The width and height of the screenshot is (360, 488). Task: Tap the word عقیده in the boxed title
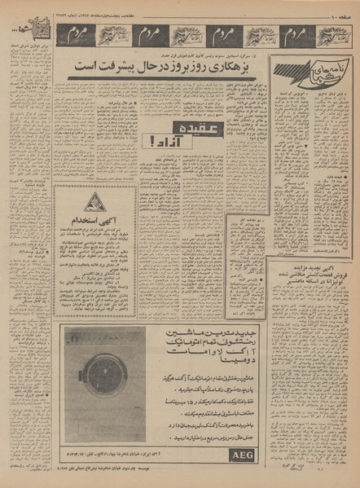click(192, 129)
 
